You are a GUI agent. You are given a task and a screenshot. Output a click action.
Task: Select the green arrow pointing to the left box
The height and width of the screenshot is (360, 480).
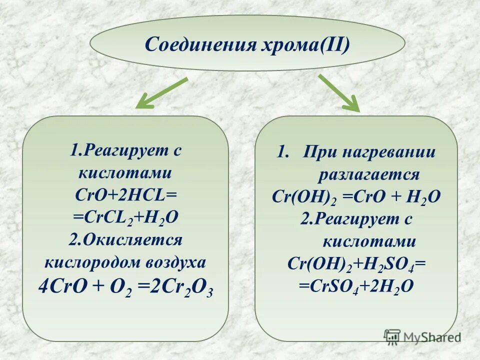[x=161, y=93]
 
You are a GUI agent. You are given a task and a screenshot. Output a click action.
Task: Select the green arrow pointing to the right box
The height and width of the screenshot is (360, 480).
[x=339, y=93]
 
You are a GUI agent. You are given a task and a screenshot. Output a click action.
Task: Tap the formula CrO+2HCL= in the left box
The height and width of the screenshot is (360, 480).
[x=125, y=195]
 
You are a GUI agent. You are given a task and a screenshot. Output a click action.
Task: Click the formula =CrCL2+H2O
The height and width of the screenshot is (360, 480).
[x=125, y=218]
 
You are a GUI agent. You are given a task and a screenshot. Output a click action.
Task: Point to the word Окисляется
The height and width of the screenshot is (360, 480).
[x=132, y=239]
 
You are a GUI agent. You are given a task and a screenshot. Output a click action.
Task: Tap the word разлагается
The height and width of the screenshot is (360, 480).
[x=369, y=174]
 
